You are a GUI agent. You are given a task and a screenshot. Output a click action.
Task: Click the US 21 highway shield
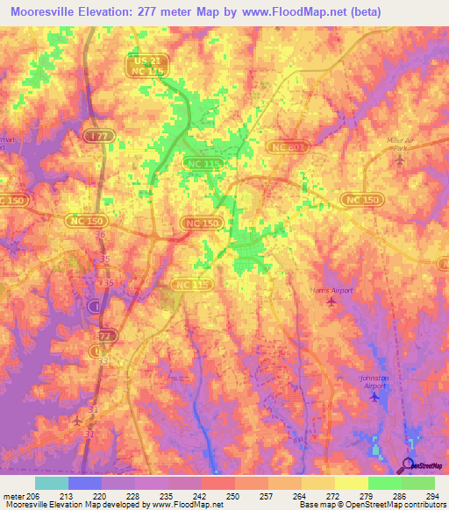click(142, 59)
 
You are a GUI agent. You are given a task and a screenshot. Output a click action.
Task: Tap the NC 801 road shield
click(287, 149)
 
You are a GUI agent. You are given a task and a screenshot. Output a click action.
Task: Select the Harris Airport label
click(331, 289)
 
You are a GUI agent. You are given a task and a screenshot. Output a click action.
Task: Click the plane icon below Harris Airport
click(331, 302)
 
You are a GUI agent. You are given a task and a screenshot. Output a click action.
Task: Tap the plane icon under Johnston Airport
click(375, 397)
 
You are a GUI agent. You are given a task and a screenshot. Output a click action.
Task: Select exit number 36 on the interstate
click(100, 235)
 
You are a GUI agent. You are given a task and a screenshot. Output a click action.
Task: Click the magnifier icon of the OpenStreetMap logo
click(409, 465)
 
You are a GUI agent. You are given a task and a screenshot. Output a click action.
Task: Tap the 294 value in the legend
click(428, 496)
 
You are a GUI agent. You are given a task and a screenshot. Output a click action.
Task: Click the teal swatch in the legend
click(52, 483)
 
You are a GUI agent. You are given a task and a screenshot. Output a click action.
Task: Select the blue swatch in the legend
click(85, 483)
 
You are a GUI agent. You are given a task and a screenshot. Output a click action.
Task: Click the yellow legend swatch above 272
click(318, 483)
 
